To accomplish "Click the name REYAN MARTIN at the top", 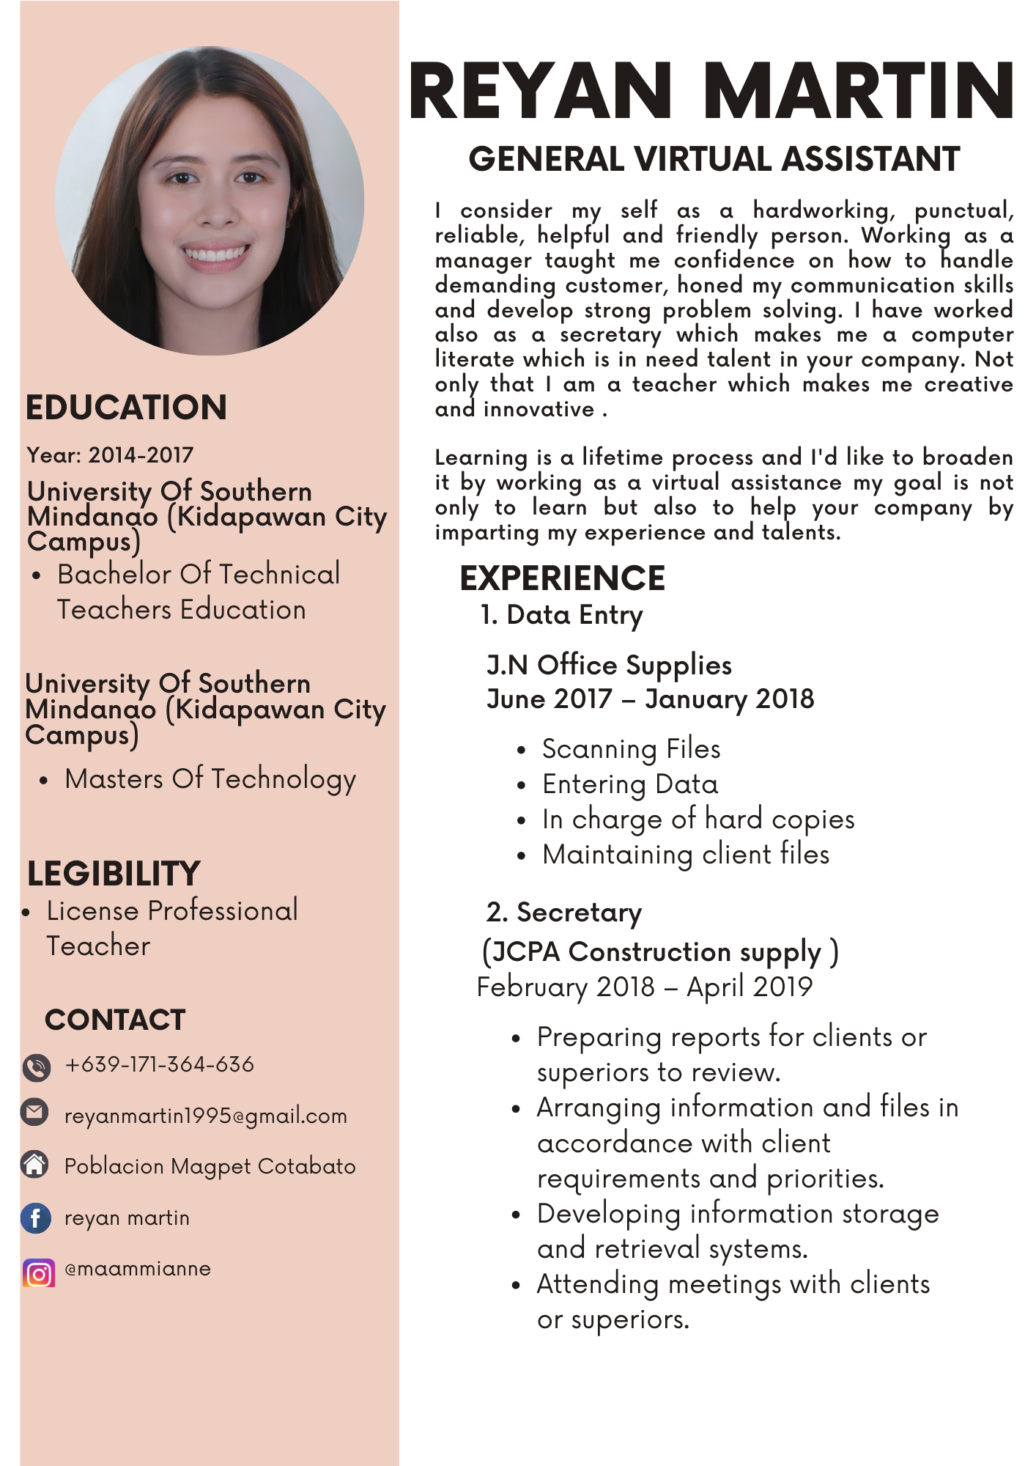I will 711,91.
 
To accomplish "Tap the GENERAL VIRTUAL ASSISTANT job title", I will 714,159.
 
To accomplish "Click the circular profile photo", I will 210,201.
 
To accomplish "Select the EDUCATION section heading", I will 126,408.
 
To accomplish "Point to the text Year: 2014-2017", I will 110,455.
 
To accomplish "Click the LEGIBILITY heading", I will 114,874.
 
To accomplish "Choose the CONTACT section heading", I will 115,1020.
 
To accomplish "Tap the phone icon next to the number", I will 36,1067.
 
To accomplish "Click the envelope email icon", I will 34,1112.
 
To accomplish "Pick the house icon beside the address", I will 34,1164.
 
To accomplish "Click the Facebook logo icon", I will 36,1218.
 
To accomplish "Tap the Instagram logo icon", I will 39,1273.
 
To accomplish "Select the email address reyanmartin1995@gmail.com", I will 205,1116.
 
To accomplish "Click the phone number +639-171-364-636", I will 159,1064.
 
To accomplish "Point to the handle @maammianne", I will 138,1269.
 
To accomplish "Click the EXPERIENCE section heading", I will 562,578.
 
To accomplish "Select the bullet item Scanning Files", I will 631,749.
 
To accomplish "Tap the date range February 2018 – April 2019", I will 644,987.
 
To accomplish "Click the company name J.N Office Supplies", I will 609,665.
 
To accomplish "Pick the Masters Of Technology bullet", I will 210,778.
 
